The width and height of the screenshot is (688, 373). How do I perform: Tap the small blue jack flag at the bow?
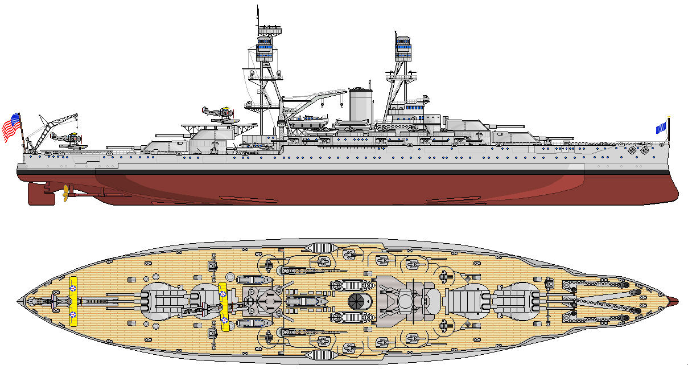(661, 128)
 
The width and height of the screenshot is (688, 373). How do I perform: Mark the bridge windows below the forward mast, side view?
(416, 106)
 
